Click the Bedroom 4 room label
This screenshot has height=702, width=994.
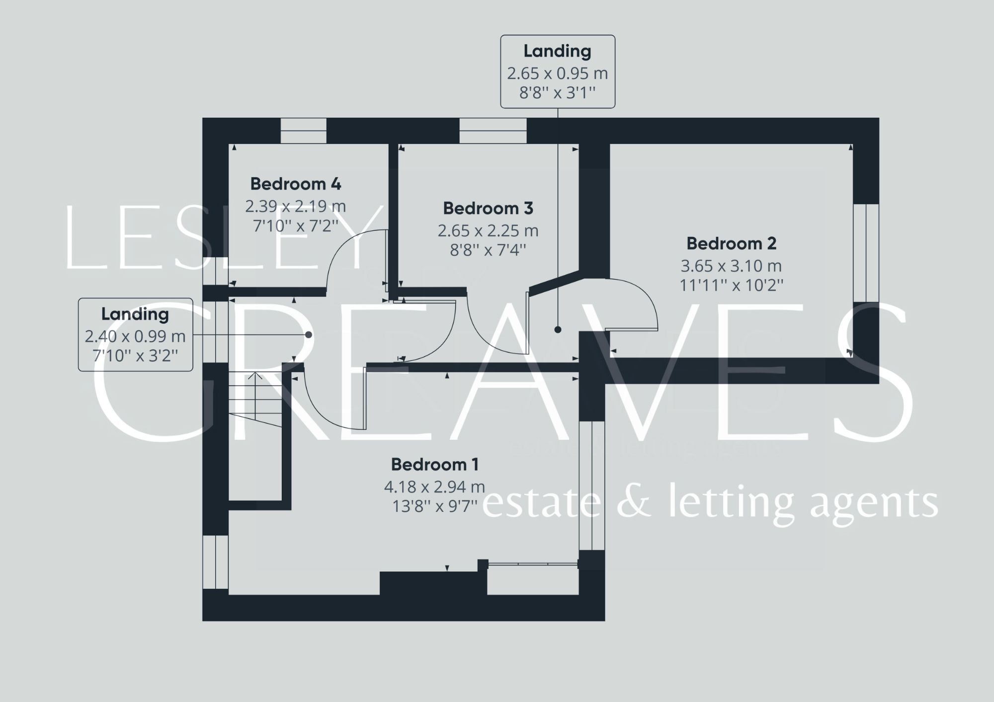tap(296, 184)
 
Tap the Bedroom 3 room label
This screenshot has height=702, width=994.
tap(488, 209)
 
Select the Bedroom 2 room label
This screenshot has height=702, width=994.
tap(731, 244)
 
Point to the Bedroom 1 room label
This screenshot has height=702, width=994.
tap(434, 465)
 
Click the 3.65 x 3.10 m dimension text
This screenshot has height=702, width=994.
tap(731, 266)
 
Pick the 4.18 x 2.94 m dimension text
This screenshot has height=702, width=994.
tap(434, 487)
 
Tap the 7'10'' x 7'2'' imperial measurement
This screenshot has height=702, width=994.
tap(296, 226)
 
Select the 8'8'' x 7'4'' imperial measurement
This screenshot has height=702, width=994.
tap(488, 250)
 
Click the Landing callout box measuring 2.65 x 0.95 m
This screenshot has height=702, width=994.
tap(558, 71)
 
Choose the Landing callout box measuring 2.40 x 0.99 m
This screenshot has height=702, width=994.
tap(135, 335)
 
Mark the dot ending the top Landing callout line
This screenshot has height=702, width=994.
tap(558, 330)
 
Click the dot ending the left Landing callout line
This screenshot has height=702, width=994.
tap(308, 335)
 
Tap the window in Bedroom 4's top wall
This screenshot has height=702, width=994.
tap(304, 131)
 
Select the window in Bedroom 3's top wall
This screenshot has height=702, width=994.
tap(493, 131)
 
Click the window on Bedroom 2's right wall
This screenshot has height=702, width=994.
tap(866, 253)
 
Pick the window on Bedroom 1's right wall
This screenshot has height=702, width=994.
tap(592, 486)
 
